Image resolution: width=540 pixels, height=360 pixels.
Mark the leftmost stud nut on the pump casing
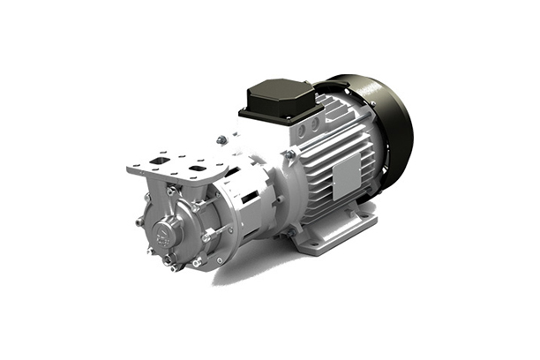tap(139, 221)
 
